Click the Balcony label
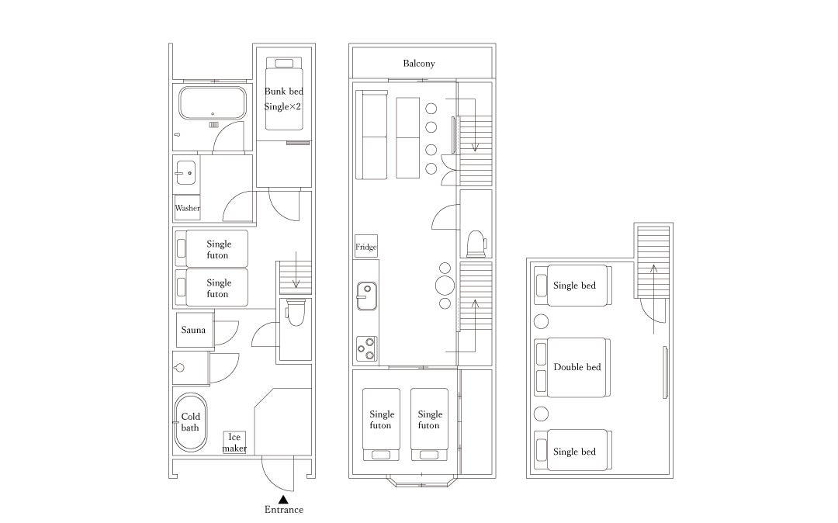[x=418, y=64]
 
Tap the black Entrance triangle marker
[x=284, y=500]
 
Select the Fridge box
[x=366, y=246]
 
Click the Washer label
[x=188, y=208]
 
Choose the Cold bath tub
[x=190, y=422]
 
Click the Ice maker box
[x=234, y=442]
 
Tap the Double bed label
[x=577, y=367]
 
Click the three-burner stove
[x=366, y=348]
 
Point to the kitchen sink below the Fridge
[x=366, y=296]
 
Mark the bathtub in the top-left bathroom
[x=213, y=103]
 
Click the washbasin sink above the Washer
[x=185, y=173]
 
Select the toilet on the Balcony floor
[x=476, y=244]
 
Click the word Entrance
[x=284, y=510]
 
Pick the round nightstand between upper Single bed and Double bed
[x=542, y=321]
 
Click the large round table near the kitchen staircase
[x=445, y=286]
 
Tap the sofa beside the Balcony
[x=372, y=135]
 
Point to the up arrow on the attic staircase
[x=653, y=300]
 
